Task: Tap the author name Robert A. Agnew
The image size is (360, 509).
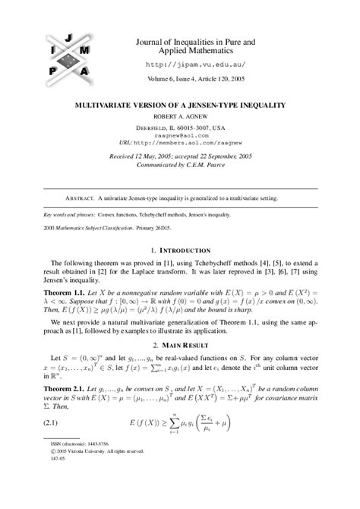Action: point(180,117)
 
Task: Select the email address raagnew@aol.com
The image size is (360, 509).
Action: point(180,134)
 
